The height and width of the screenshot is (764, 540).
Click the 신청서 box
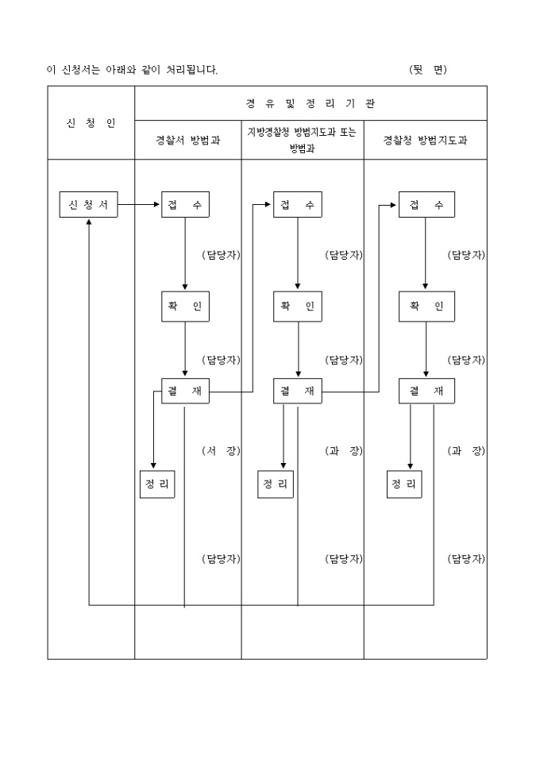88,205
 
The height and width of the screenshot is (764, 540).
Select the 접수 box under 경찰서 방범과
185,205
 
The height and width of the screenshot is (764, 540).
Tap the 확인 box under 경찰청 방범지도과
426,306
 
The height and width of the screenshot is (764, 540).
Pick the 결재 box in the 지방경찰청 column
298,391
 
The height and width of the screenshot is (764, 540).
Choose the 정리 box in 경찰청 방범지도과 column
404,484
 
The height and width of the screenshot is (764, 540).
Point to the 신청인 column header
91,123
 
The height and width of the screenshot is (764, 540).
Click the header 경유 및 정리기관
310,103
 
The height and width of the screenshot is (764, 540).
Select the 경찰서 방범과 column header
188,140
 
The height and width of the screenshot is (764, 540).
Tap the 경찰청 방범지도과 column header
425,140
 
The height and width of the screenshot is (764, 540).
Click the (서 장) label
221,451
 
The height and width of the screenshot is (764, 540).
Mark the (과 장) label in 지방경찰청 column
344,451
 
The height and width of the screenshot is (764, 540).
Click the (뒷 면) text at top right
428,70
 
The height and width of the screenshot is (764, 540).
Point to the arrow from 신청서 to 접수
140,205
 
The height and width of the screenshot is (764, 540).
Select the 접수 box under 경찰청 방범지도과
426,205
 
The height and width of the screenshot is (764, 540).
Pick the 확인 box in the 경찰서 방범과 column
185,306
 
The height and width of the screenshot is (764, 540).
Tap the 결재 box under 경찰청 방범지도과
426,391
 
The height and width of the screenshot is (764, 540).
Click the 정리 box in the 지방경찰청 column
276,484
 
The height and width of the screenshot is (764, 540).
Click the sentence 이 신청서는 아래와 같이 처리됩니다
133,70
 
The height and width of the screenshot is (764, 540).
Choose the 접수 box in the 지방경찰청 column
298,205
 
